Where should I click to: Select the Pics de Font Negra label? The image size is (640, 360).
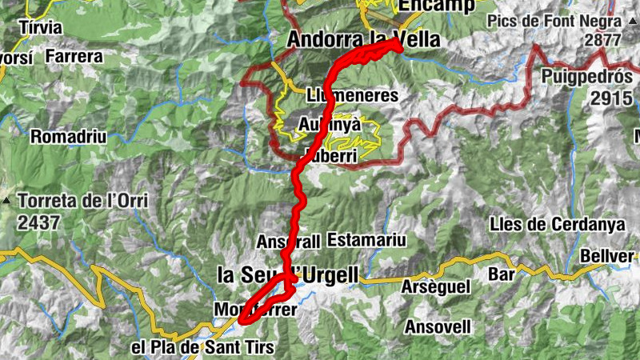pyautogui.click(x=559, y=21)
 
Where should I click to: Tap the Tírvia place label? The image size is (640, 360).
pyautogui.click(x=39, y=27)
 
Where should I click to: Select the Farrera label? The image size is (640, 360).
pyautogui.click(x=74, y=57)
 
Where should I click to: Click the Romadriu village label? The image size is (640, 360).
pyautogui.click(x=69, y=137)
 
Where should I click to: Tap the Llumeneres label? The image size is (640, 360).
pyautogui.click(x=352, y=95)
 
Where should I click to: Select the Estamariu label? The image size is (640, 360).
pyautogui.click(x=366, y=240)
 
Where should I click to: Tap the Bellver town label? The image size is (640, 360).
pyautogui.click(x=611, y=256)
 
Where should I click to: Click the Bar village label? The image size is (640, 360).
pyautogui.click(x=502, y=274)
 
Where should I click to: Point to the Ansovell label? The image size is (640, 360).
pyautogui.click(x=438, y=326)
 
